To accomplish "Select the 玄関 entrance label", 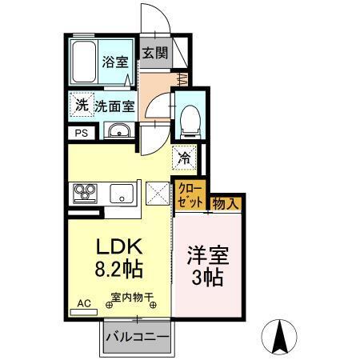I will click(154, 54).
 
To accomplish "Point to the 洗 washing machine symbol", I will click(82, 104).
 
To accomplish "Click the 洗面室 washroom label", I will click(114, 105).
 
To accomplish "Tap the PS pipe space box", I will click(81, 134).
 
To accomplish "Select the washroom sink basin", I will click(119, 133).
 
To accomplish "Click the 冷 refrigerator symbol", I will click(184, 158).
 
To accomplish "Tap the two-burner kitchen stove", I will click(86, 193).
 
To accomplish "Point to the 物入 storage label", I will click(226, 204).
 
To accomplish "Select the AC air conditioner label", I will click(83, 303).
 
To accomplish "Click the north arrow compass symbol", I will click(280, 335).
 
